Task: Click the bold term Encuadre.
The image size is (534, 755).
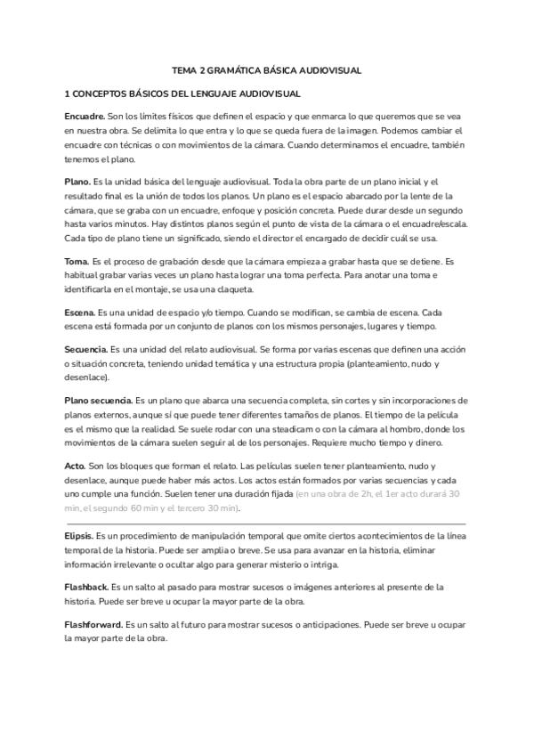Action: coord(85,117)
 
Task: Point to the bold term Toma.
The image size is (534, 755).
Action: coord(77,261)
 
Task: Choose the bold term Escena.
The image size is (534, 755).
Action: coord(80,313)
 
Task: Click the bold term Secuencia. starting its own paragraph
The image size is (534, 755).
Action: coord(86,350)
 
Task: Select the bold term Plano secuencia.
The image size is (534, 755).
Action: coord(100,402)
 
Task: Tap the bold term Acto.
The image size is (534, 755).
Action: coord(75,466)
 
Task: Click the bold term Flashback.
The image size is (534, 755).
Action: coord(86,589)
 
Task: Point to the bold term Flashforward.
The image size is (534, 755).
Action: coord(93,626)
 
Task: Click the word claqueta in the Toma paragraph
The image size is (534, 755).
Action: coord(235,289)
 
